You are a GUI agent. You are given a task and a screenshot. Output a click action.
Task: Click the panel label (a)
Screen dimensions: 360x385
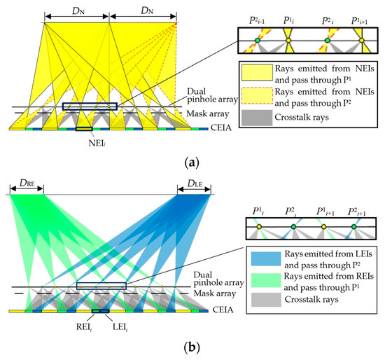click(192, 160)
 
